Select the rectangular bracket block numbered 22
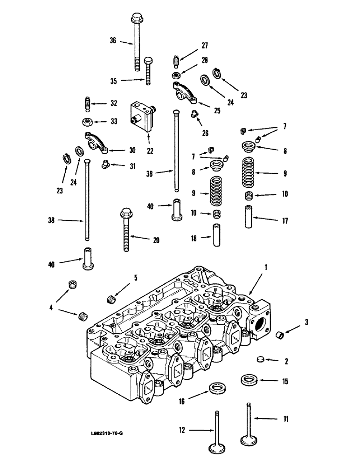coord(142,116)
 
